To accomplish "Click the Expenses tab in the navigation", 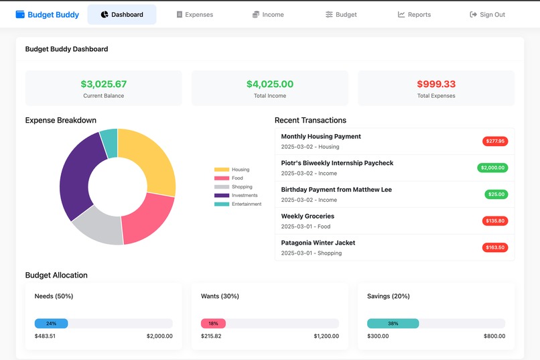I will pos(194,15).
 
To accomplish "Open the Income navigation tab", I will pos(268,15).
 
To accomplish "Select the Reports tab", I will pos(414,15).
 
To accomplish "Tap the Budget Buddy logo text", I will pos(53,15).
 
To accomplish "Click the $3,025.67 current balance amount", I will pos(103,84).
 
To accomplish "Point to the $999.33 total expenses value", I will pos(435,84).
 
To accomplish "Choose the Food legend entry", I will pos(232,178).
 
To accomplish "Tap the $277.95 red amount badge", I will pos(495,141).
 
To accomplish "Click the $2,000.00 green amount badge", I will pos(492,168).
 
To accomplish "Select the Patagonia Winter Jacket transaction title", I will pos(318,243).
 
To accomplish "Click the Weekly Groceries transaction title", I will pos(308,217).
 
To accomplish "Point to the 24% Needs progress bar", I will pos(51,323).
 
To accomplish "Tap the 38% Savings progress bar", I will pos(393,323).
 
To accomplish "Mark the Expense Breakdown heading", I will pos(60,121).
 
